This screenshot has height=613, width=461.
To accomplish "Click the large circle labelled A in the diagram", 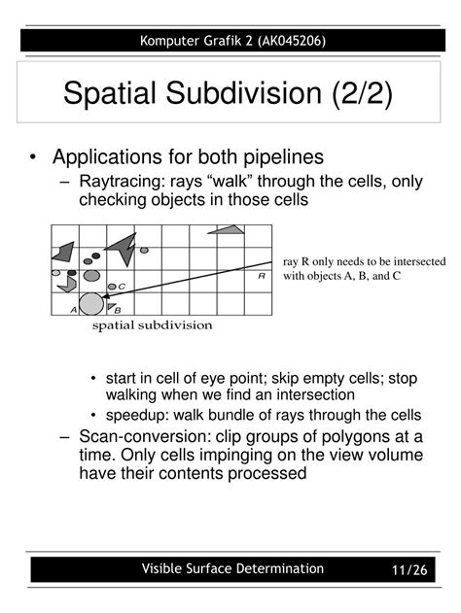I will pyautogui.click(x=90, y=303).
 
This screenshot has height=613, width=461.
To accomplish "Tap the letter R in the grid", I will pyautogui.click(x=262, y=276).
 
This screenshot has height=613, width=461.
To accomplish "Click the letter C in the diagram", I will pyautogui.click(x=122, y=286).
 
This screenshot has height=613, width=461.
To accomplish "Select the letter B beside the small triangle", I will pyautogui.click(x=117, y=310).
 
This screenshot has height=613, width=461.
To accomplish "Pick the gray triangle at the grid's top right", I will pyautogui.click(x=226, y=230).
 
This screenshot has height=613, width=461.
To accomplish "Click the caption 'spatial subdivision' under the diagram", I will pyautogui.click(x=152, y=325).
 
